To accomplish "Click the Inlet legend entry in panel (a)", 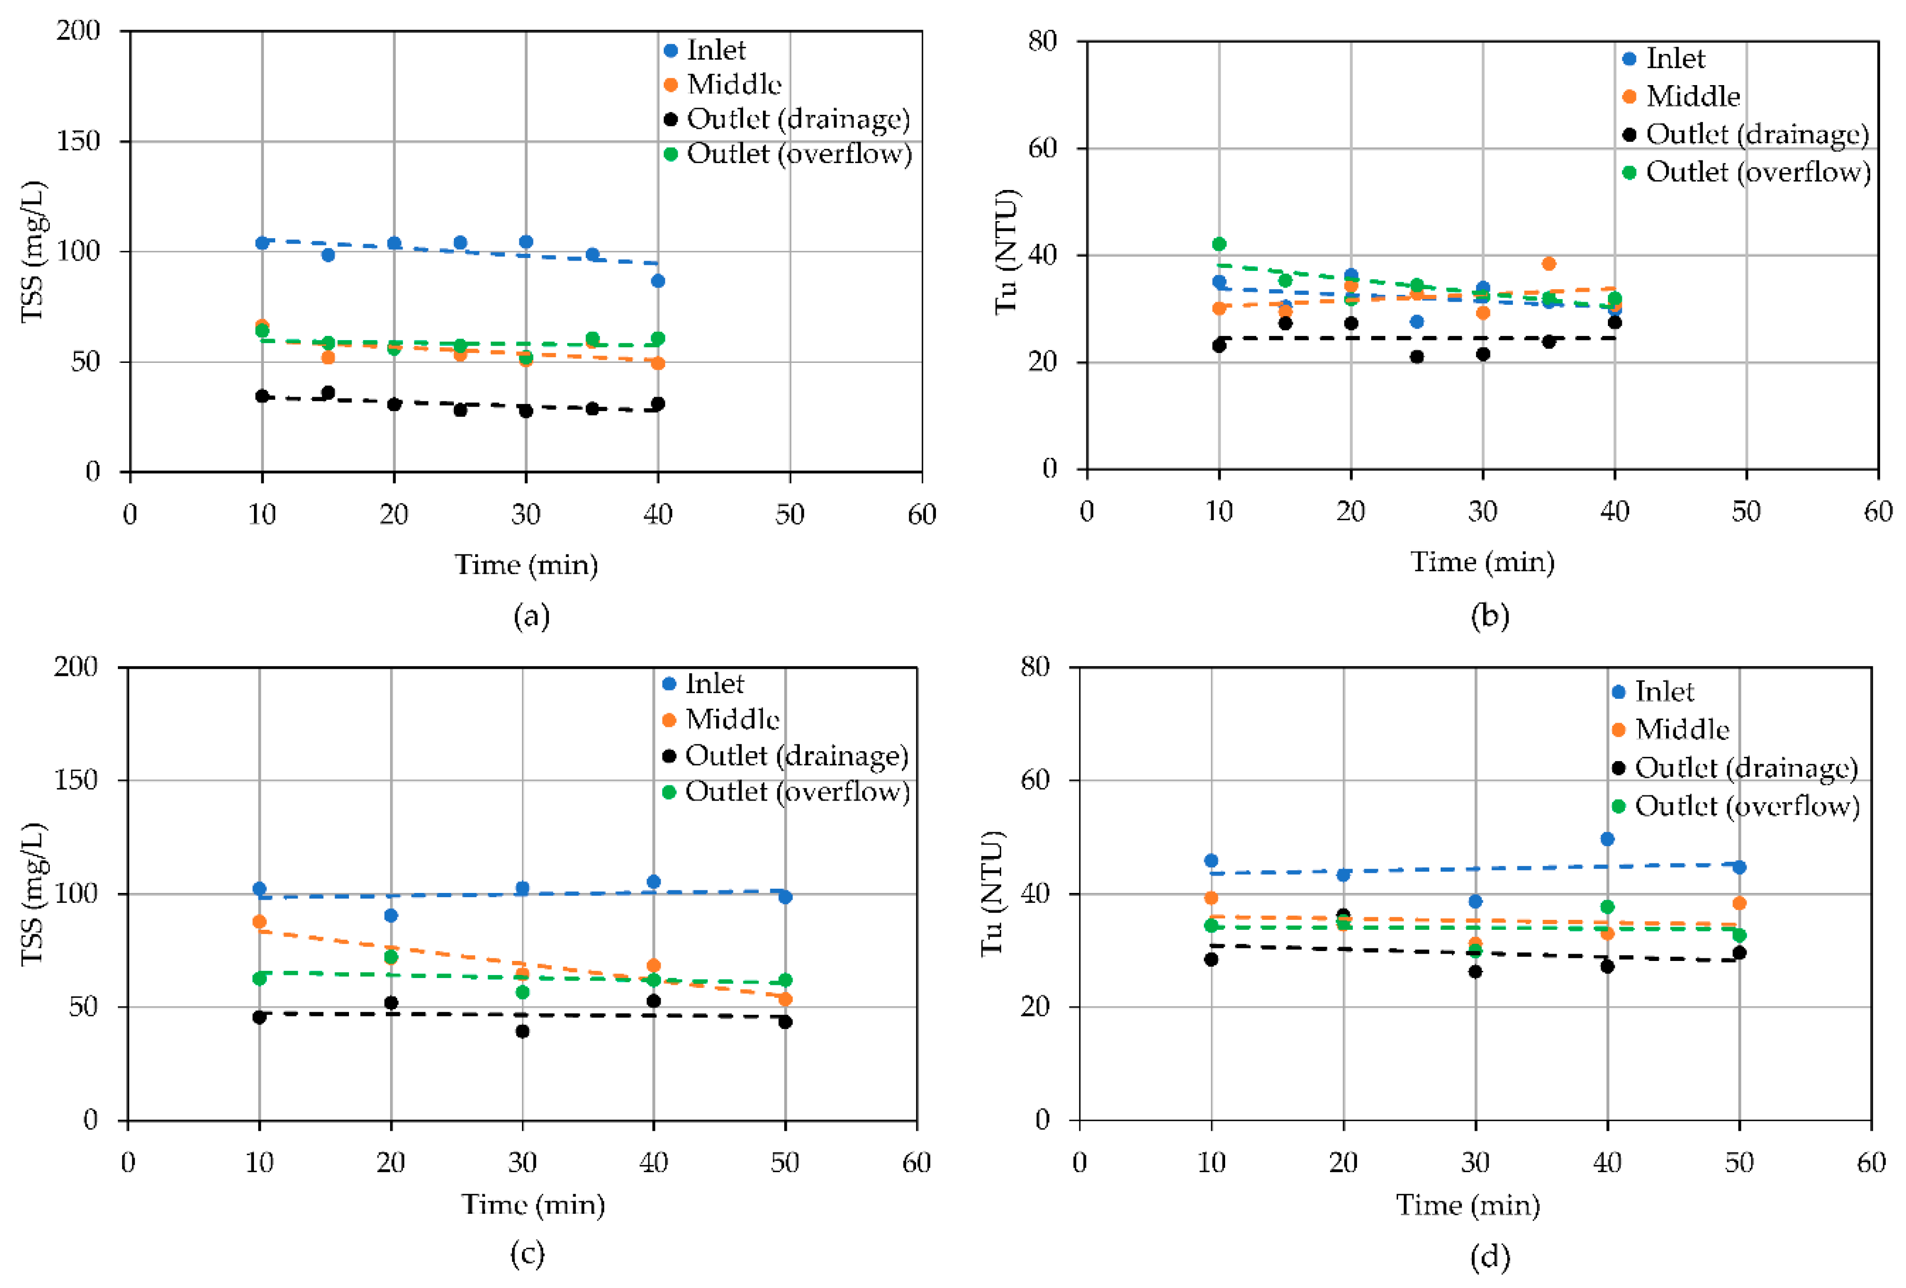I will [715, 51].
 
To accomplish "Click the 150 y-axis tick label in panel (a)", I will [78, 141].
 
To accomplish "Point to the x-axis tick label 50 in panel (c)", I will [785, 1162].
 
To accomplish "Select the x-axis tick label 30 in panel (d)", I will [1475, 1162].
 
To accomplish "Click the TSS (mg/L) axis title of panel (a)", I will [33, 252].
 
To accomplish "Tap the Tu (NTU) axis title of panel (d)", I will [993, 893].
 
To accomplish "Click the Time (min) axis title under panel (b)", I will [1482, 562].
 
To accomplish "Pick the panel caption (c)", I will [527, 1254].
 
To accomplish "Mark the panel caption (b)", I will [1489, 616].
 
